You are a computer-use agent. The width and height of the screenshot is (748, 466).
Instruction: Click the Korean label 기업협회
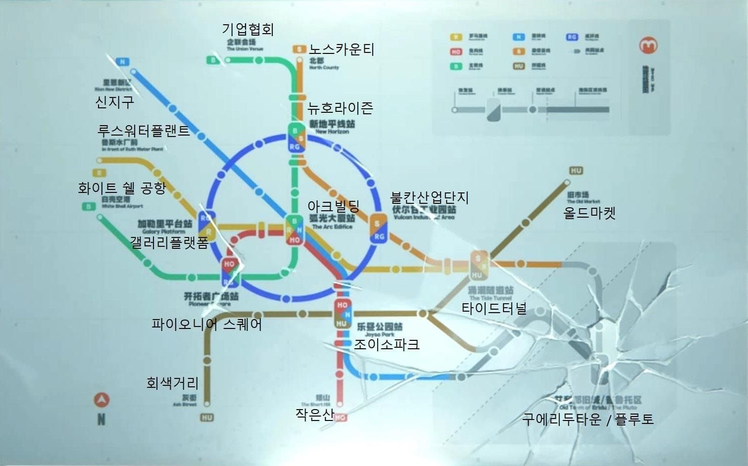[248, 29]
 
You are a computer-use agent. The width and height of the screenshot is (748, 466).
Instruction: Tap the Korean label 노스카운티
[342, 49]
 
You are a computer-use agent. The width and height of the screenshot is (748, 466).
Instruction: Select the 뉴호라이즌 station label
[340, 108]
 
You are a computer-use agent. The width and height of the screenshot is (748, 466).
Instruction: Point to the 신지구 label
[114, 102]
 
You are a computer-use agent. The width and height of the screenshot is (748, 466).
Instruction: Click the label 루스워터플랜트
[144, 131]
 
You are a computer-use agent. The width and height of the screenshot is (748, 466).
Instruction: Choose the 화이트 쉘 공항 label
[122, 188]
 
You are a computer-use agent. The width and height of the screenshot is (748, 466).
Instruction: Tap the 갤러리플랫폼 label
[169, 242]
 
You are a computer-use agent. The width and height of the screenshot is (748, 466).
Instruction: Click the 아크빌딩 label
[333, 206]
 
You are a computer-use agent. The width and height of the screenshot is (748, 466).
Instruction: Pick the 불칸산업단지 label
[429, 197]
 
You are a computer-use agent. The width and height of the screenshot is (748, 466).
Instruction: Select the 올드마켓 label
[590, 213]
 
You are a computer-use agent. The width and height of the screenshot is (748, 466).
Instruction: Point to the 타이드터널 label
[494, 309]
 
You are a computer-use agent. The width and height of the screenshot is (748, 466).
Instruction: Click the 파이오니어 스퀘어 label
[206, 325]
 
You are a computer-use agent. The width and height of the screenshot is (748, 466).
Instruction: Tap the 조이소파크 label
[386, 344]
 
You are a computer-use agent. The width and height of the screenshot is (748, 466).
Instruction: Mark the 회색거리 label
[172, 382]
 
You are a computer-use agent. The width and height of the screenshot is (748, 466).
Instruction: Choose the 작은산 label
[314, 414]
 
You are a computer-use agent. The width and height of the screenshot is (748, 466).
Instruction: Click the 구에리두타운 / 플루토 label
[588, 419]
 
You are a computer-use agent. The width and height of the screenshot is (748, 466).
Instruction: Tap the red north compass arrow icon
[101, 400]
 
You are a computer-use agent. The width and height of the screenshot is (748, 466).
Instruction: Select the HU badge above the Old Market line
[576, 171]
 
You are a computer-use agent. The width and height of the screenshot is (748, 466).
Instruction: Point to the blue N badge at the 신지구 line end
[122, 62]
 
